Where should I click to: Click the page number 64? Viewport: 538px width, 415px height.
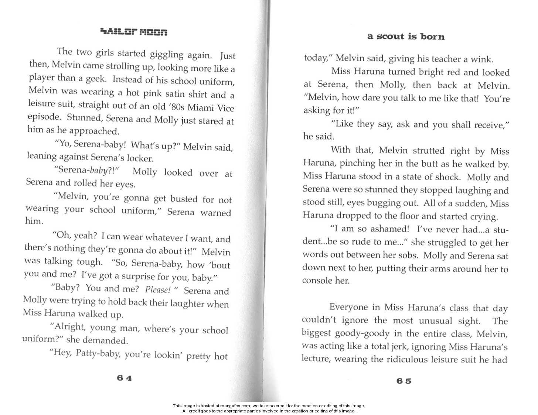(x=124, y=378)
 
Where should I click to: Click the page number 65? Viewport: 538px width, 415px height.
(x=404, y=381)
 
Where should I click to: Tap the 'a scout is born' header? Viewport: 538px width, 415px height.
(x=406, y=37)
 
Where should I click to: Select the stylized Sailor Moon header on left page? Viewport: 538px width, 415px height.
(x=134, y=32)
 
